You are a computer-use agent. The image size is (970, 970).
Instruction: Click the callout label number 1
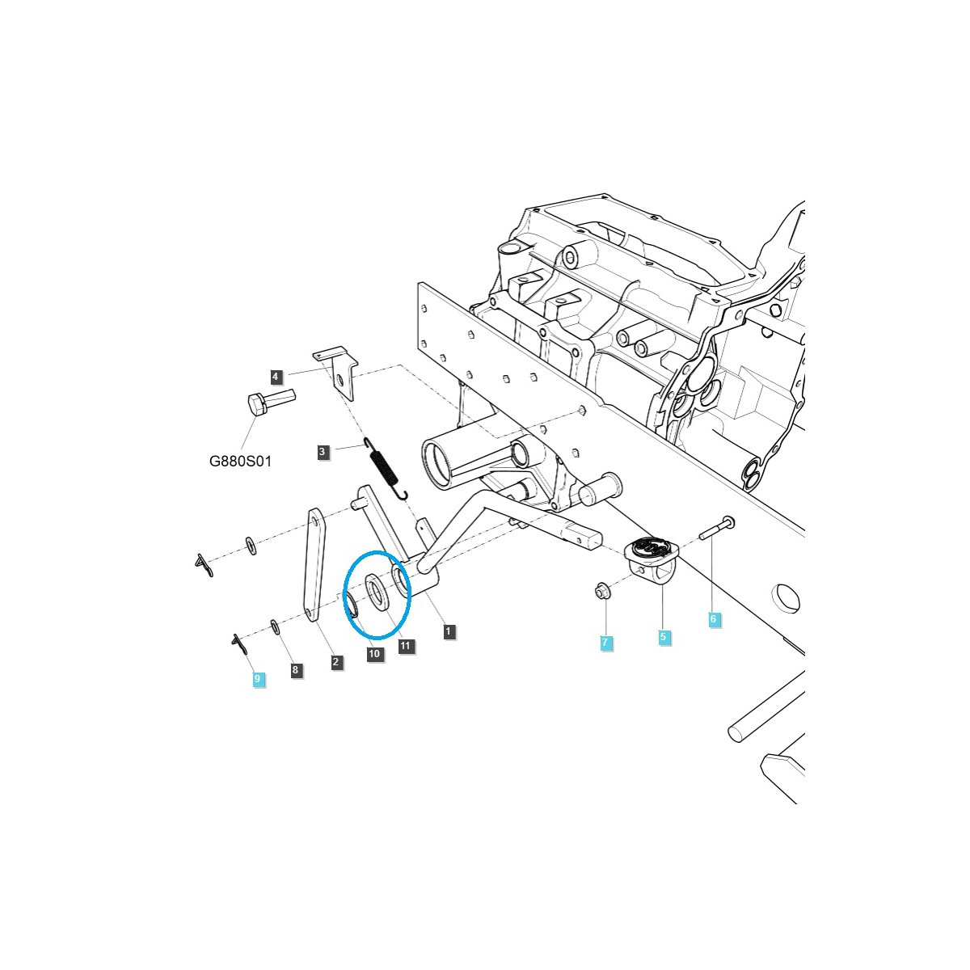tap(449, 631)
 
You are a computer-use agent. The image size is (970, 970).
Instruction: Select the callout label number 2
tap(336, 662)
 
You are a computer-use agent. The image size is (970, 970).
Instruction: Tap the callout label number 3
tap(323, 452)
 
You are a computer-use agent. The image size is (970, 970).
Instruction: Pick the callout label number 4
tap(276, 376)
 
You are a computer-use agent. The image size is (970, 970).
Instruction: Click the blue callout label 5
tap(663, 637)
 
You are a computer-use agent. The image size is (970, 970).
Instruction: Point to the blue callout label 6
tap(712, 619)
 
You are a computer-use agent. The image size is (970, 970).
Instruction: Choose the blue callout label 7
tap(605, 643)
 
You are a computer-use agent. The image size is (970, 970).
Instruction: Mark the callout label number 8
tap(295, 669)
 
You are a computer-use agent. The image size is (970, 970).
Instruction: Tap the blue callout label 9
tap(257, 679)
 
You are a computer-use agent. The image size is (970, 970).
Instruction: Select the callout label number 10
tap(374, 654)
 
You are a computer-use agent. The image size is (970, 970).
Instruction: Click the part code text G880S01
tap(240, 462)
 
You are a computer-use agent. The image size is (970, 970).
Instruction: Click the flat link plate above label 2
tap(314, 562)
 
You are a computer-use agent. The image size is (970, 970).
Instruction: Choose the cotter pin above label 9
tap(238, 643)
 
